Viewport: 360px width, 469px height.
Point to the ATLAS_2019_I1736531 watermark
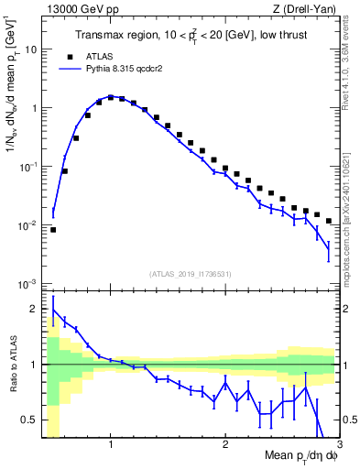click(190, 274)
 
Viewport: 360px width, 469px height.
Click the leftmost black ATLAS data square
click(53, 230)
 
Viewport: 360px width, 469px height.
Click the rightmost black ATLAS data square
click(328, 222)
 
